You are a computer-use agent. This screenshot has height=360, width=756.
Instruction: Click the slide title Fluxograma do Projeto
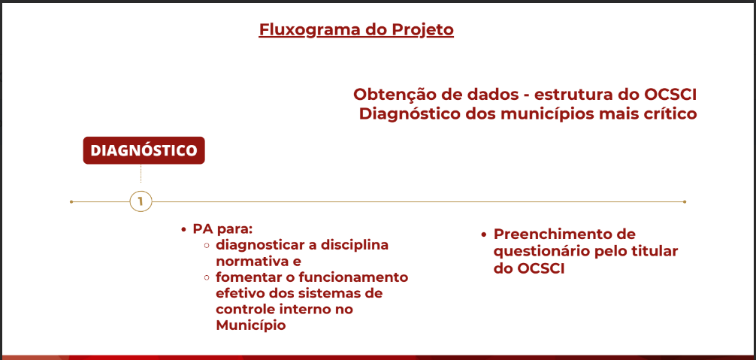point(356,30)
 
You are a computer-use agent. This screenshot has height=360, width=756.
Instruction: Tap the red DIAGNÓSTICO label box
point(144,150)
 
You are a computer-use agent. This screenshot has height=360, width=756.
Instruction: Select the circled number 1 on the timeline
point(141,201)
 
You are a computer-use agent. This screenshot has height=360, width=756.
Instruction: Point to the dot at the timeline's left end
point(71,201)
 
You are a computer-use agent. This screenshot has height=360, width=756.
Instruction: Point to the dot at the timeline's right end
point(685,201)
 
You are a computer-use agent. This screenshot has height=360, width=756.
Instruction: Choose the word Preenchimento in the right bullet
point(564,234)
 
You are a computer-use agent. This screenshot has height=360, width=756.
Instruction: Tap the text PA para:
point(223,229)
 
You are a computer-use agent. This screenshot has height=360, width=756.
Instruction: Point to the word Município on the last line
point(251,325)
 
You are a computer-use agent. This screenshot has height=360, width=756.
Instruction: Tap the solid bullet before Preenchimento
point(484,234)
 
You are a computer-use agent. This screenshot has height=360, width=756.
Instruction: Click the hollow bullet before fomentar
point(207,278)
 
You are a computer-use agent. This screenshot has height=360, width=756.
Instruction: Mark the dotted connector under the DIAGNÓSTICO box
point(141,174)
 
